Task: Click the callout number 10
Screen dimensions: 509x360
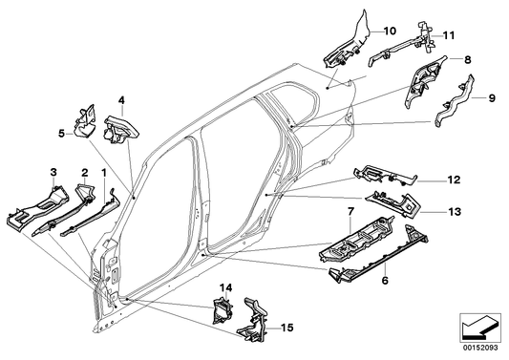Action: click(390, 32)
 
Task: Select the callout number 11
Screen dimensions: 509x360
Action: click(449, 35)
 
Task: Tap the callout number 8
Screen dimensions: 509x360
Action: click(467, 60)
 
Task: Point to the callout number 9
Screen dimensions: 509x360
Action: click(492, 97)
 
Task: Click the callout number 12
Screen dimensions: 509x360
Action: click(455, 180)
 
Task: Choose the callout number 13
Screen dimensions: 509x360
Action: click(455, 212)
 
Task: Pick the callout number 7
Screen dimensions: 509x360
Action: click(350, 212)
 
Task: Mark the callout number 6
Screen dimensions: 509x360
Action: click(385, 280)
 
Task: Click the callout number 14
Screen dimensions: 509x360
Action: click(226, 287)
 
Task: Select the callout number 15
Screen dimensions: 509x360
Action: click(286, 328)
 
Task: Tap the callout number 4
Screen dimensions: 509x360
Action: click(121, 100)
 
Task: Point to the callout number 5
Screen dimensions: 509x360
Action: click(62, 134)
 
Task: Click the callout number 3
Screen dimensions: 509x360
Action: click(53, 172)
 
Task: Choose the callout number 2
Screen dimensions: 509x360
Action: click(84, 172)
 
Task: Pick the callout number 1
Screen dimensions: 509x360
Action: click(104, 173)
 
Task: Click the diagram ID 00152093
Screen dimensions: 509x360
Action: click(480, 348)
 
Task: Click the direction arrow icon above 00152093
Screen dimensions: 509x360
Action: click(480, 328)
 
